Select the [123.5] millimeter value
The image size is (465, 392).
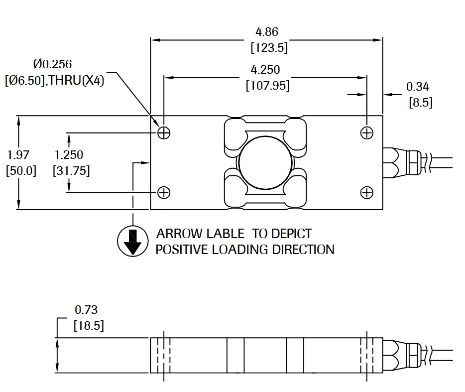pos(269,48)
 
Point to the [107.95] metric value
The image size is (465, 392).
pos(268,86)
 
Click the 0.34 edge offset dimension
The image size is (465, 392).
pos(417,87)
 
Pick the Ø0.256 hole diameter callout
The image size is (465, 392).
pos(52,64)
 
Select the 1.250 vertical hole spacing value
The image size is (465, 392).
pos(69,155)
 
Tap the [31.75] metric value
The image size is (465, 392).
pos(71,171)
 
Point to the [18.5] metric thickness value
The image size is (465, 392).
pos(89,326)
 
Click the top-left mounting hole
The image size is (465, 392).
pos(164,132)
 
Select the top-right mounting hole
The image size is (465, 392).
pos(367,132)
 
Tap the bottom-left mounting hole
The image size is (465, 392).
pos(164,192)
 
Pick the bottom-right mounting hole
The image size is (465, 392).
pos(367,192)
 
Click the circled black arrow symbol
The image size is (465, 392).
pos(133,242)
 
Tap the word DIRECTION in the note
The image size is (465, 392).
pos(303,249)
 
